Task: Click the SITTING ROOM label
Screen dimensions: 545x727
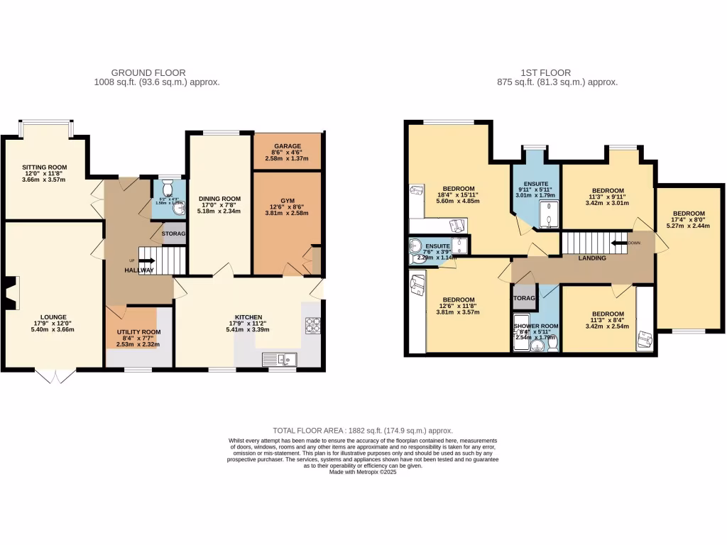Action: (43, 167)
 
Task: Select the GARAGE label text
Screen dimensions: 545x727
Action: (288, 145)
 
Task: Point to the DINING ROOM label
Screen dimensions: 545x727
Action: (219, 199)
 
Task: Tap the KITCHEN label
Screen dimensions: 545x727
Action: (249, 317)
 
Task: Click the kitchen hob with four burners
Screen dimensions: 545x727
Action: (312, 325)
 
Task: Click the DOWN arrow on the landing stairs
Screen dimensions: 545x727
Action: (621, 243)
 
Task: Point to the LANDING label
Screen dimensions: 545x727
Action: (592, 258)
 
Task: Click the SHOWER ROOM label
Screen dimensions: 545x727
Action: (536, 327)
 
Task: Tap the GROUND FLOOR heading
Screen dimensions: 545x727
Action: (148, 72)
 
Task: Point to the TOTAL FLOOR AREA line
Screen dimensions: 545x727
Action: (363, 431)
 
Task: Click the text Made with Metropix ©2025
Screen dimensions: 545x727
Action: (363, 472)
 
